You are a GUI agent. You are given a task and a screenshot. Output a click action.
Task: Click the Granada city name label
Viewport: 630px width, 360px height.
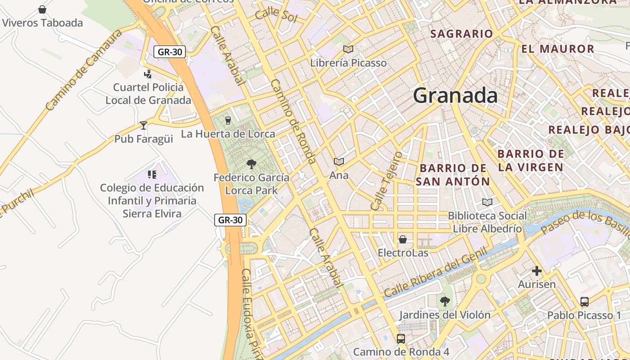point(455,96)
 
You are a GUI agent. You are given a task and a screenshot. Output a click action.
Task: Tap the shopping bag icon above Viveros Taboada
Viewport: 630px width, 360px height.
point(42,9)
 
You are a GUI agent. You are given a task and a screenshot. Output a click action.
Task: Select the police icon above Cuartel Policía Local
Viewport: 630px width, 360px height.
point(148,74)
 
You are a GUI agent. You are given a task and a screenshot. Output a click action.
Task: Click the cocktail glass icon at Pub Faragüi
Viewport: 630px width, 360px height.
point(144,126)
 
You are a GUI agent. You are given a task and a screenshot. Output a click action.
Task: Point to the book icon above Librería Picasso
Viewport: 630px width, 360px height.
point(348,49)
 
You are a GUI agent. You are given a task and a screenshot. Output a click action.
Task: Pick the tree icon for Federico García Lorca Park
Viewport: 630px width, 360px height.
point(251,164)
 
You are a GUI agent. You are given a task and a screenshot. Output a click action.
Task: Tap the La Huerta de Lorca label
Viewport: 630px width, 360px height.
point(228,134)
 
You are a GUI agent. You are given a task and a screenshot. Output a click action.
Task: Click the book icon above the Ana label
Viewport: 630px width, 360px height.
point(339,162)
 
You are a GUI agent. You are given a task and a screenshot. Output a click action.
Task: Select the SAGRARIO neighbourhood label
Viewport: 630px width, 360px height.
point(462,34)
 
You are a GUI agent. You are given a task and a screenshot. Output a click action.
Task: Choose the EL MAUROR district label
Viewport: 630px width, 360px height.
point(558,49)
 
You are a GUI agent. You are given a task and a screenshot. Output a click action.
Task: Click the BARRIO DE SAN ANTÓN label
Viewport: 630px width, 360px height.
point(453,175)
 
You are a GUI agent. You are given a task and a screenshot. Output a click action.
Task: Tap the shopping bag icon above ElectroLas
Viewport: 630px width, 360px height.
point(403,239)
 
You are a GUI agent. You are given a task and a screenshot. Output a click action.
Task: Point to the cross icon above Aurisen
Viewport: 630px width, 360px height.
point(536,271)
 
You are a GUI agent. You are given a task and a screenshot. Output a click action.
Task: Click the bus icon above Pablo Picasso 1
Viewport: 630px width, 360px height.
point(584,301)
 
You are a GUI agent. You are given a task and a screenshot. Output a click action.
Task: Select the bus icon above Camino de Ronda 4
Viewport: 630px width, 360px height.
point(400,338)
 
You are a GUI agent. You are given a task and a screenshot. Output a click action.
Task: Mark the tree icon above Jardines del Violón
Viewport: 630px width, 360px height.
point(445,301)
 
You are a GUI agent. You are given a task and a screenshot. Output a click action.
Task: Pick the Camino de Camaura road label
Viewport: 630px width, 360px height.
point(84,70)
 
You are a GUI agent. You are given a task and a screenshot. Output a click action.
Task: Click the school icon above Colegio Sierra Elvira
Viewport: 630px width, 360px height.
point(152,174)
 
